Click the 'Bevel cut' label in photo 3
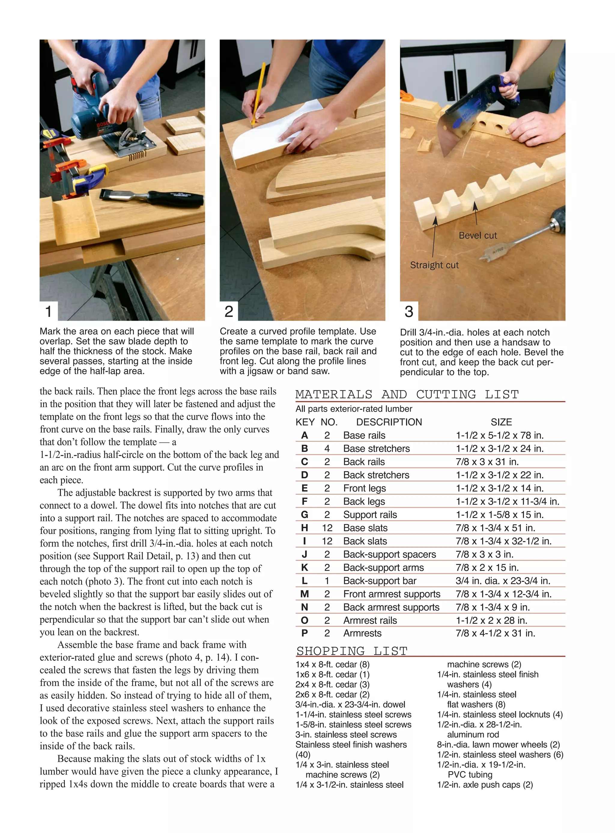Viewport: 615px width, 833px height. [x=478, y=236]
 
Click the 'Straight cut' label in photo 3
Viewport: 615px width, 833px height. [x=434, y=265]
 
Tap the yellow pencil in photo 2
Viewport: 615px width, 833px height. [x=258, y=93]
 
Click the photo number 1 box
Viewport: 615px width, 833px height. [x=48, y=311]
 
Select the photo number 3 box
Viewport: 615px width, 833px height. [x=409, y=311]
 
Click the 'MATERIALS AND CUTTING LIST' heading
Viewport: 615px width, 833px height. [x=407, y=394]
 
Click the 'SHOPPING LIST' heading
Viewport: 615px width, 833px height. [x=352, y=651]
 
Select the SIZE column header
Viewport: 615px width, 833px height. [x=501, y=422]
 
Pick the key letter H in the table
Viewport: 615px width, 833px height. [x=304, y=528]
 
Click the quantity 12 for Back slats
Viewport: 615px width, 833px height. [x=327, y=541]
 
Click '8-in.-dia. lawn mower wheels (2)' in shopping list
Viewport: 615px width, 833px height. [x=498, y=744]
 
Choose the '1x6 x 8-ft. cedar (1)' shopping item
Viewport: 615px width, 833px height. [x=332, y=674]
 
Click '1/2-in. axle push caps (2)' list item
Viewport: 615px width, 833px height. [x=485, y=785]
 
